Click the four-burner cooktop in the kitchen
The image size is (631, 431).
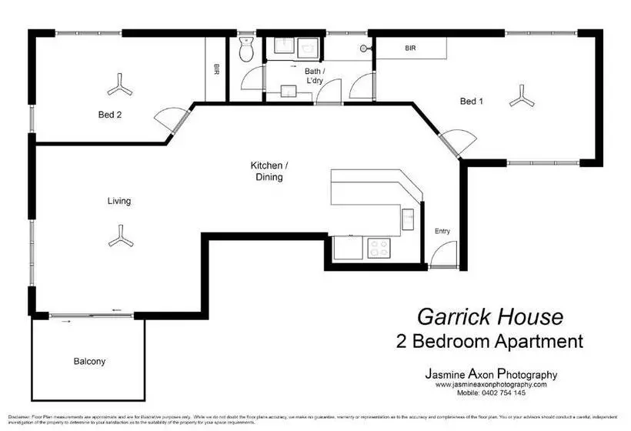pos(379,248)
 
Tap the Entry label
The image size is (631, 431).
pos(442,231)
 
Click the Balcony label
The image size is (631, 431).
pos(89,361)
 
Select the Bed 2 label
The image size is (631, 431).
pos(109,114)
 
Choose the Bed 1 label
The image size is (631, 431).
pos(472,101)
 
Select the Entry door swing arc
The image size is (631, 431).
pos(442,252)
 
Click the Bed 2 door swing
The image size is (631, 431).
pos(169,120)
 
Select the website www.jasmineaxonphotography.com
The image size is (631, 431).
pos(491,384)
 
